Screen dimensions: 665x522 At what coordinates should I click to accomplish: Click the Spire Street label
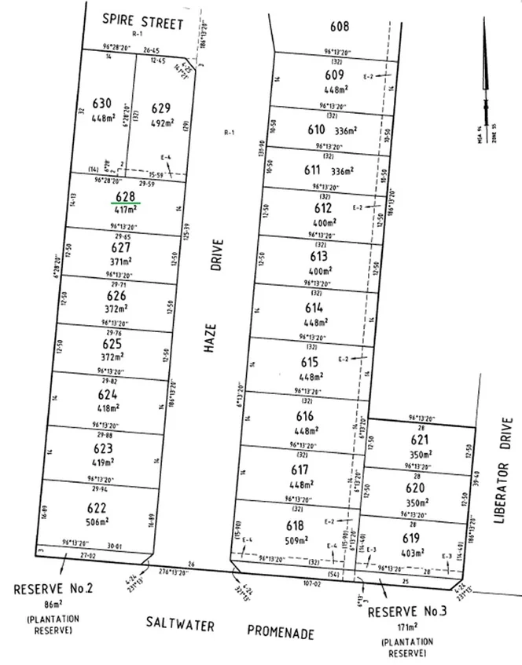145,20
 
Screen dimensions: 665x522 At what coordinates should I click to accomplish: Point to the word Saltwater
180,622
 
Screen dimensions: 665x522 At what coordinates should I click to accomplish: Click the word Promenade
281,631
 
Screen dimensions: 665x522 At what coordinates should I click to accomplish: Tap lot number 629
161,108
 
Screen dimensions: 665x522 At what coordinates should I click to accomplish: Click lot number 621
421,441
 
